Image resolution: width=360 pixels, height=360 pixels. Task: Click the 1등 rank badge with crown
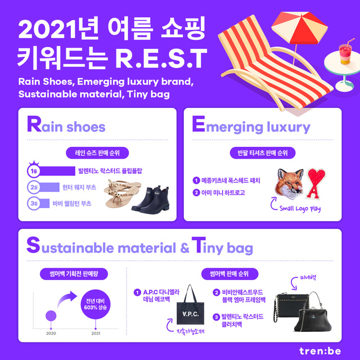[x=34, y=170]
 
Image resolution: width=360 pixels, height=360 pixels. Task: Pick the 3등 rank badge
[x=34, y=203]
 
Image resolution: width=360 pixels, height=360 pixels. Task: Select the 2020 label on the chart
[x=51, y=333]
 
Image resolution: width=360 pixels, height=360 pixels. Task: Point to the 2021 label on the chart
[x=96, y=333]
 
